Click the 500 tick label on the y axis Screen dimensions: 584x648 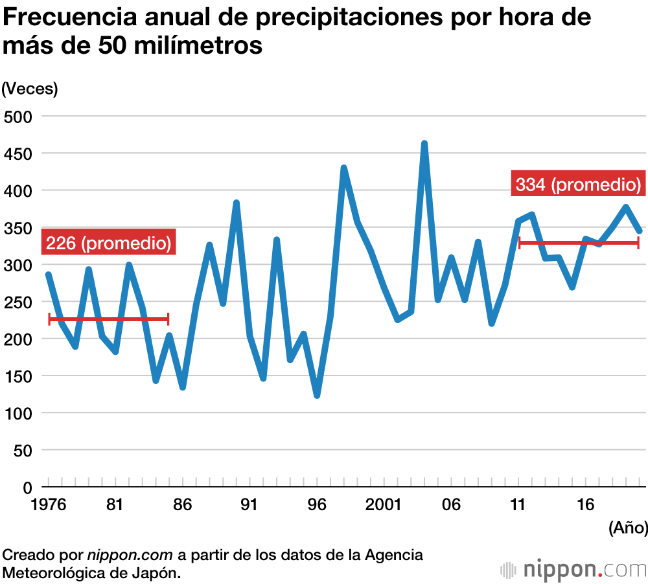[x=18, y=117]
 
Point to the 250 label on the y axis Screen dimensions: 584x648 [x=18, y=302]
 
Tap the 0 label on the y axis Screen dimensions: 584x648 [x=27, y=487]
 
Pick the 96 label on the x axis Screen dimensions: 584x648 [x=317, y=504]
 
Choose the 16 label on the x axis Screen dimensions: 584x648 [x=586, y=504]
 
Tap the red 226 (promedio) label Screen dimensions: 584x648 [x=109, y=243]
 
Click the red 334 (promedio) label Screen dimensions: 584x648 [x=578, y=185]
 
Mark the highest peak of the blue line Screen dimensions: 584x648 [x=424, y=144]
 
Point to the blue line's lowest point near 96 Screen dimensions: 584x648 [x=317, y=395]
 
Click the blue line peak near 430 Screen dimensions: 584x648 [x=343, y=168]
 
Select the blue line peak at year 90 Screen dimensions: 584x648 [x=237, y=203]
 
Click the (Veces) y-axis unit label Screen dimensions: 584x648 [x=30, y=89]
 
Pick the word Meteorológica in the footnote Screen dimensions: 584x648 [x=51, y=573]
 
